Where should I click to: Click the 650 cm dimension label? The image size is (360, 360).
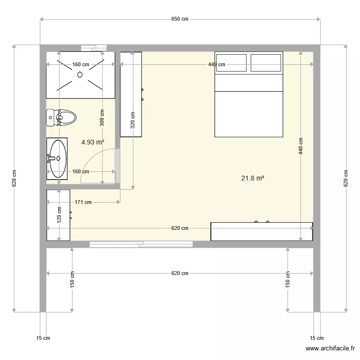(180, 19)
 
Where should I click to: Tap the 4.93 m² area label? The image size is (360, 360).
(93, 142)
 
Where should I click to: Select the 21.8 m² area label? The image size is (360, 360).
(252, 178)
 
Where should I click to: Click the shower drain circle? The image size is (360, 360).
(80, 74)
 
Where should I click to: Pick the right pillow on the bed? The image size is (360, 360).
(266, 63)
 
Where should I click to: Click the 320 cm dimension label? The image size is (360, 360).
(132, 120)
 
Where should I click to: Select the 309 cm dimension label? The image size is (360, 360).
(102, 117)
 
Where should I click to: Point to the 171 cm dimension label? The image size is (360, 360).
(84, 202)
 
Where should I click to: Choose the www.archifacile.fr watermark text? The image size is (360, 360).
(330, 349)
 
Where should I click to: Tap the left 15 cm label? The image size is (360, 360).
(43, 338)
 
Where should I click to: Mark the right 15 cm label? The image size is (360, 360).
(317, 338)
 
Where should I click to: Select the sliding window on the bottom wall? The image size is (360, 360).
(141, 244)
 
